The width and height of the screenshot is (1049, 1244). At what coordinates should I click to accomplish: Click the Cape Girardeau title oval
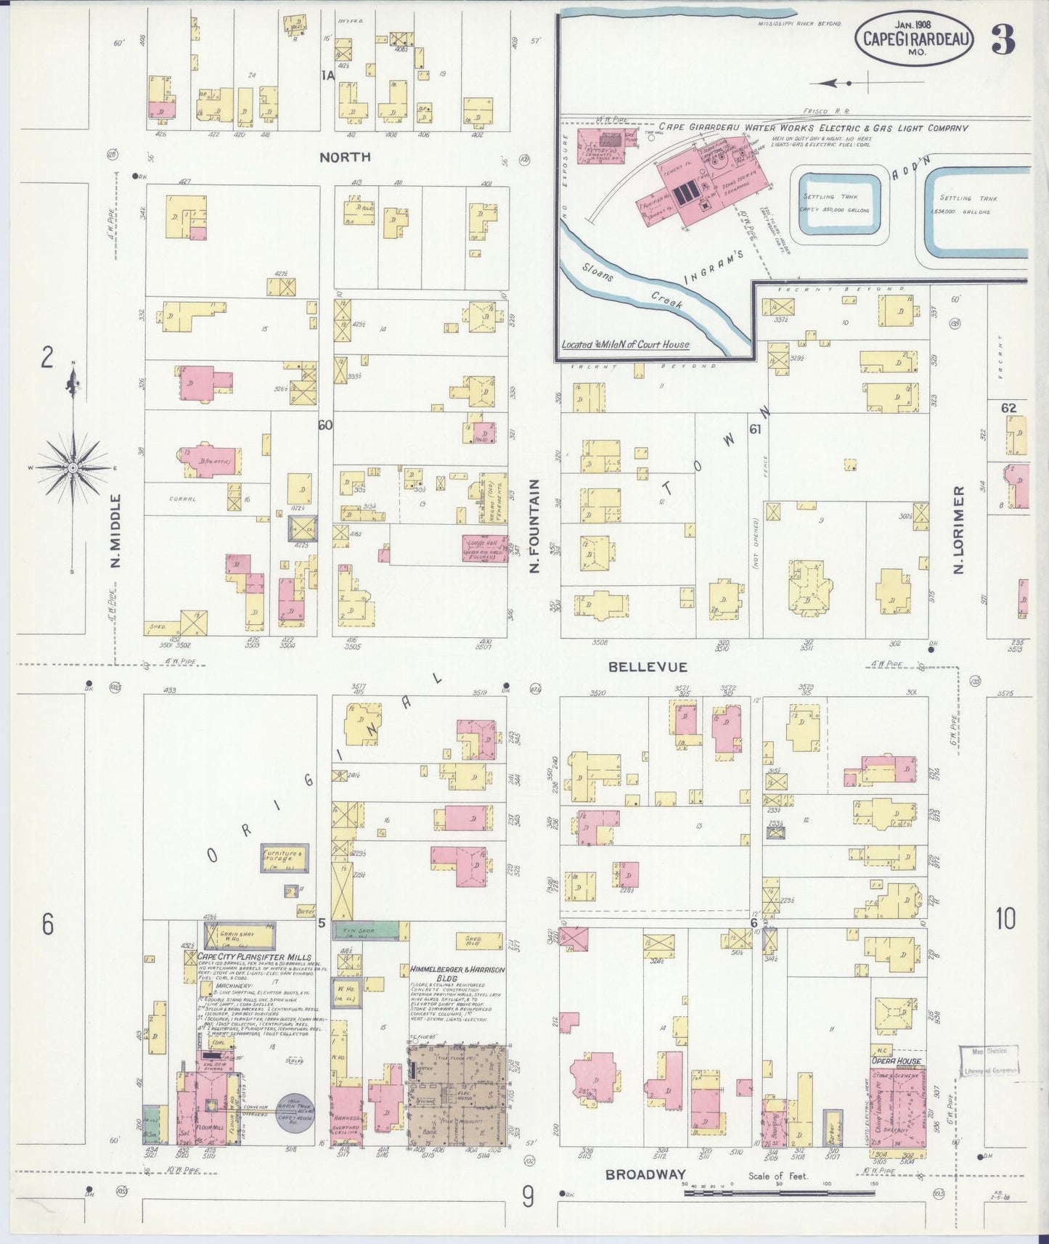[913, 38]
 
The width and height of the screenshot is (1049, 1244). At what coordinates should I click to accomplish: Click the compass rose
[72, 468]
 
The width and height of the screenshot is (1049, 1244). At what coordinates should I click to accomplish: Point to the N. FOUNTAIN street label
[534, 526]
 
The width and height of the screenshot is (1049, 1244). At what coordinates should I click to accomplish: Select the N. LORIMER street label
[959, 530]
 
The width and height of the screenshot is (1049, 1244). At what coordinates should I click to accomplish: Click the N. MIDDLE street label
[116, 531]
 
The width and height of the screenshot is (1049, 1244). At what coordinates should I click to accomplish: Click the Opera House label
[896, 1060]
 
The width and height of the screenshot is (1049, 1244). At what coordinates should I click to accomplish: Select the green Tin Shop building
[366, 931]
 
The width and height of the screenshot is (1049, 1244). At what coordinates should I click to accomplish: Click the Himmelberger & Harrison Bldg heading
[457, 973]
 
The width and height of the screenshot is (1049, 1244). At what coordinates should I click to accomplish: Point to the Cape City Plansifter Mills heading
[254, 957]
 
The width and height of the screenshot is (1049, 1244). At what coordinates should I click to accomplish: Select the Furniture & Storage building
[285, 859]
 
